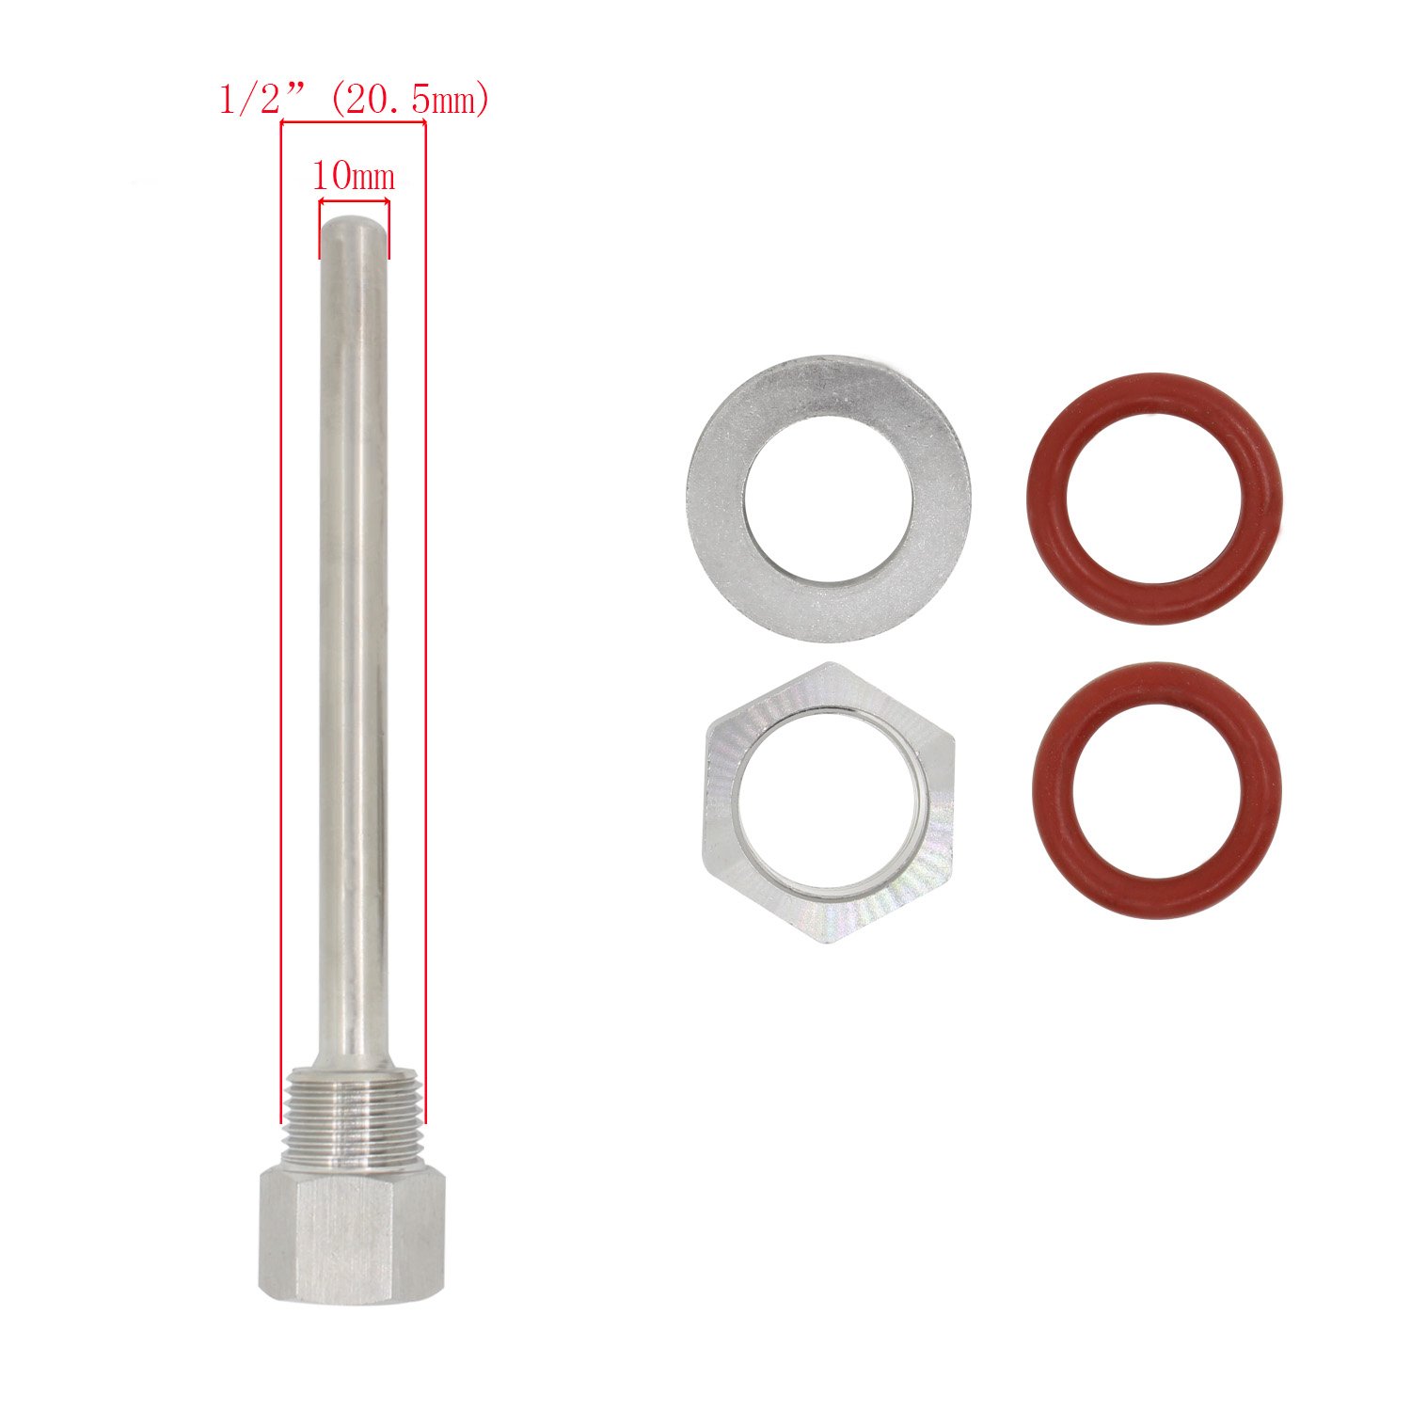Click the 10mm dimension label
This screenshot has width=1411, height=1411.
point(353,176)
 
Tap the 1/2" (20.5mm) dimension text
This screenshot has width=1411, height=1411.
point(354,100)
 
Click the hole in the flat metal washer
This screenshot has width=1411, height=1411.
point(828,499)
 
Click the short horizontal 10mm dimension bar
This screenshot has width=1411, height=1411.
point(354,200)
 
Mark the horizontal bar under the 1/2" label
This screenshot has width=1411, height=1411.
point(354,123)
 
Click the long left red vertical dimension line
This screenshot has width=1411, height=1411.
point(282,621)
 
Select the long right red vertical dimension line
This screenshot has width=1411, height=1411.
point(425,621)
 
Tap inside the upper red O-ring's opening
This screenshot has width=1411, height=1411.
point(1153,499)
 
